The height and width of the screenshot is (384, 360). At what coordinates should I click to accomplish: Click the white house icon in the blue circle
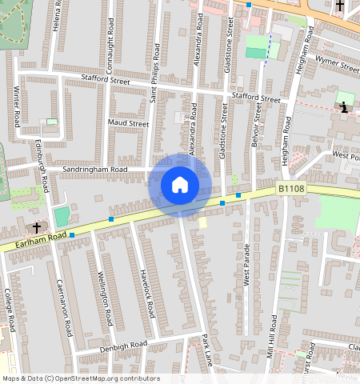[x=180, y=186]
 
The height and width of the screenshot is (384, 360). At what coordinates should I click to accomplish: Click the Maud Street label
[x=128, y=124]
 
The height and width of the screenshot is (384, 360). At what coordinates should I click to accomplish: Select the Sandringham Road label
[x=95, y=170]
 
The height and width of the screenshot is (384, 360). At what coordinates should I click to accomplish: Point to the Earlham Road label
[x=34, y=242]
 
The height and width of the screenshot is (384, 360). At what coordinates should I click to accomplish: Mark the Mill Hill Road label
[x=273, y=335]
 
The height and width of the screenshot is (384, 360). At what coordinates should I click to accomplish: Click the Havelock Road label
[x=148, y=290]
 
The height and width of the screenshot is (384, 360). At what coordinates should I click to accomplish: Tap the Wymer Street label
[x=338, y=64]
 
